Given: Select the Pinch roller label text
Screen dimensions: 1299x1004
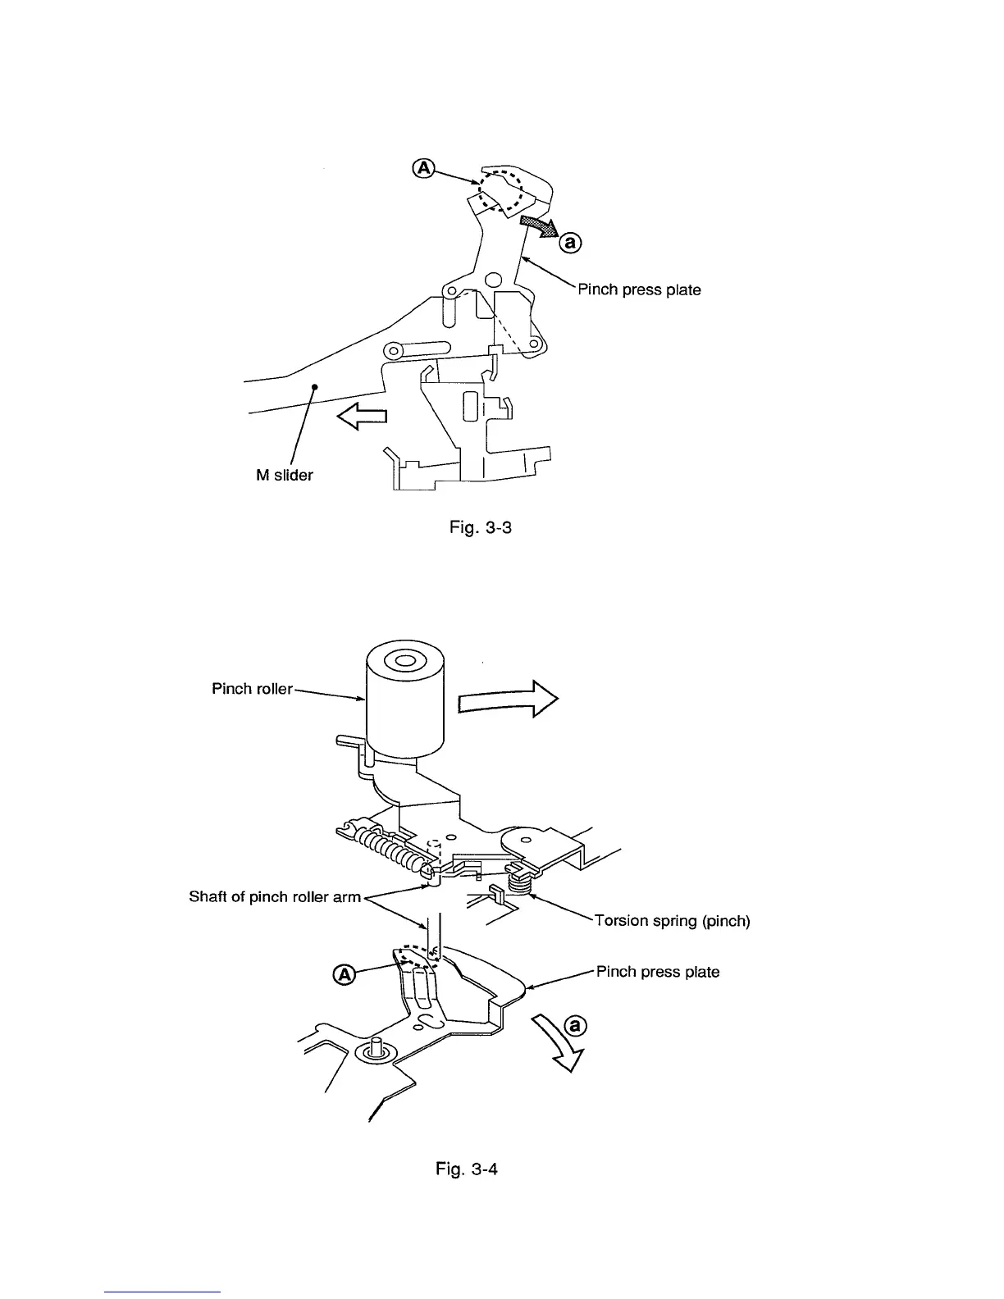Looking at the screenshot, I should click(x=252, y=689).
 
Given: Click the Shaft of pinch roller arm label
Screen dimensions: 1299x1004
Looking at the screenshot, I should click(x=275, y=896).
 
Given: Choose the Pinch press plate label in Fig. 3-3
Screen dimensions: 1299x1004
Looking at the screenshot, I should click(x=640, y=289).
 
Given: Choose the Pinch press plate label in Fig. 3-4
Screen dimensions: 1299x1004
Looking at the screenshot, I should click(x=658, y=972).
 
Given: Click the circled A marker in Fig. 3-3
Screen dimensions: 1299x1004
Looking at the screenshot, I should click(x=423, y=167).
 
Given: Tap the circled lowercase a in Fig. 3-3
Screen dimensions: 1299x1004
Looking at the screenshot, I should click(x=571, y=242).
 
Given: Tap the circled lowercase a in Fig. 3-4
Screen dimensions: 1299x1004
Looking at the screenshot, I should click(x=578, y=1026).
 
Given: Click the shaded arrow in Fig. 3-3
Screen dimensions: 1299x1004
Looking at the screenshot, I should click(x=538, y=226).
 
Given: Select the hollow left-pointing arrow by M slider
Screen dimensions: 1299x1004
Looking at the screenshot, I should click(x=362, y=418).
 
